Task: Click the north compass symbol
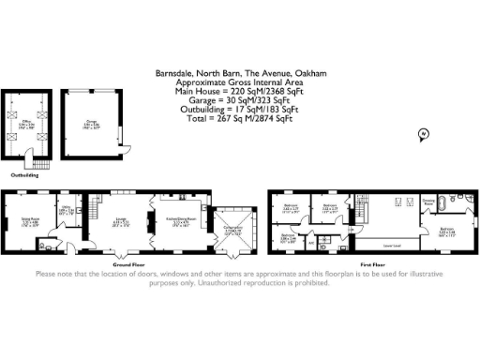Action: (422, 136)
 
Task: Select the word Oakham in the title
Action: (310, 73)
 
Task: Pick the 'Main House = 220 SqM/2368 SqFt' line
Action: (240, 90)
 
